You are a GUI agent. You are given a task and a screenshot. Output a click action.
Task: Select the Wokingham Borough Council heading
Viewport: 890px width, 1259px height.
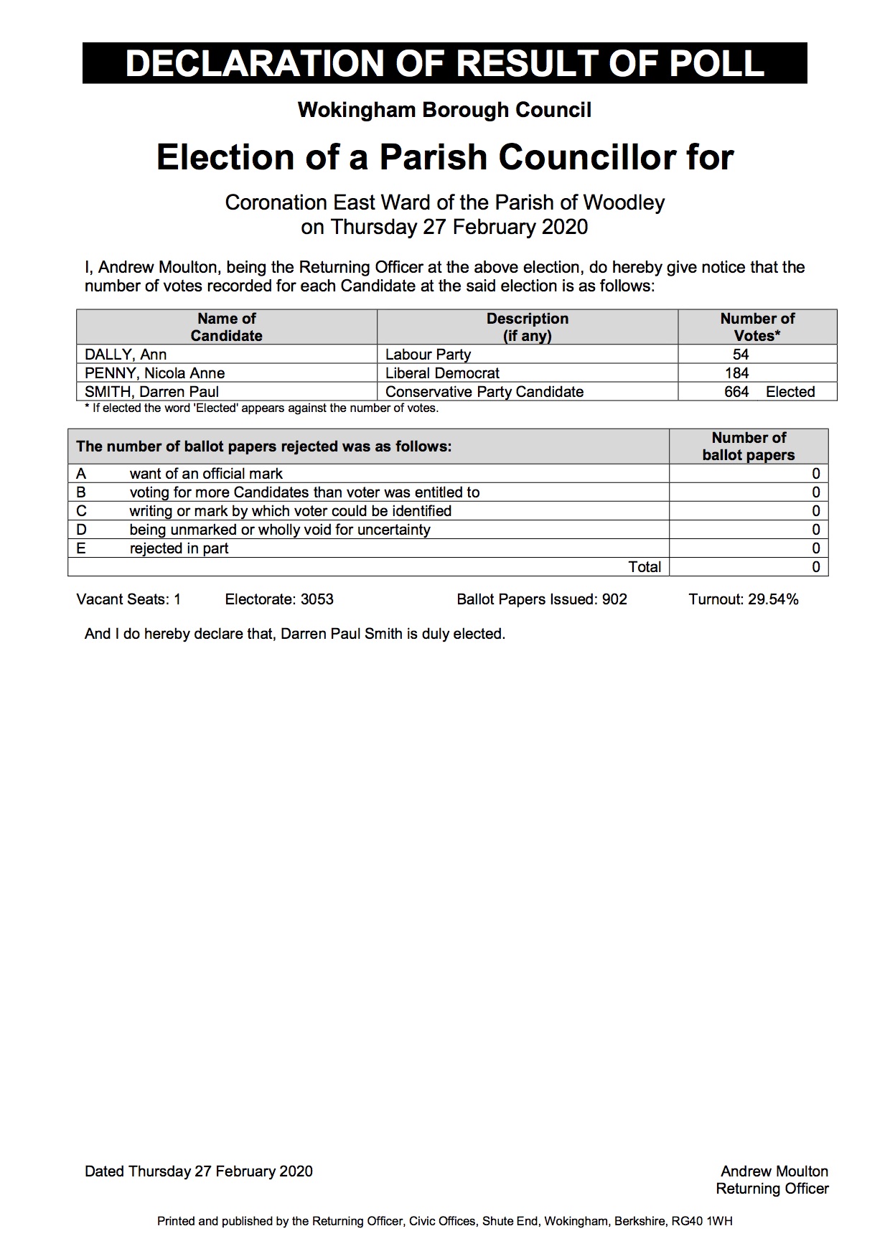(444, 110)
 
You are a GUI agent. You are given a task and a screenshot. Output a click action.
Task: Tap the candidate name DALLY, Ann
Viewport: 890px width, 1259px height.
(126, 355)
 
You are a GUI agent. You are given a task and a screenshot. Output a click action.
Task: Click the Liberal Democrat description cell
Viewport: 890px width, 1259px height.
(442, 373)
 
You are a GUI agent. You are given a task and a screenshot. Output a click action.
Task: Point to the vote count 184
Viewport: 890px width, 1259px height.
(737, 373)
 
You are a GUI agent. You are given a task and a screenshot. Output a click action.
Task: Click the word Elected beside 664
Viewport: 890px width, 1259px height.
(790, 392)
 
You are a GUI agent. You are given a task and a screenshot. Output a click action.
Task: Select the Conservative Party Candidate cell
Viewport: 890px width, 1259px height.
(484, 392)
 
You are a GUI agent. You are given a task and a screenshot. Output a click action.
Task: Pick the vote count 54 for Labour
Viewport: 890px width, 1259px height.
(741, 355)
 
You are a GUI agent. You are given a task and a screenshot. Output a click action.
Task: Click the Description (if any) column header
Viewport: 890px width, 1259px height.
(527, 327)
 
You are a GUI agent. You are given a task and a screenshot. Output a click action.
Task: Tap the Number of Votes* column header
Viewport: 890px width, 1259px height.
(757, 327)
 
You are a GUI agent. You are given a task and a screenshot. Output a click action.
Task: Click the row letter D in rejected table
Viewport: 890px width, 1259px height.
(81, 530)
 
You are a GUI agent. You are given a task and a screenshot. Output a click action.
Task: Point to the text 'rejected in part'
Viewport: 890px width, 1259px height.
(179, 548)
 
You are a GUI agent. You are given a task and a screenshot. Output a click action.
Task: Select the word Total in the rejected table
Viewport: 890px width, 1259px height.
(645, 567)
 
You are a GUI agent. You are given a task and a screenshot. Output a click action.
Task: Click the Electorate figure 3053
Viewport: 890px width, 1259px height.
(317, 599)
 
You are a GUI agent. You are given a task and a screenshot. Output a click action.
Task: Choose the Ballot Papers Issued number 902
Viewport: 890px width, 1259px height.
(615, 599)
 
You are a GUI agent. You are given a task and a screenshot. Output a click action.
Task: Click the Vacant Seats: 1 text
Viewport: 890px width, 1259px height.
(128, 599)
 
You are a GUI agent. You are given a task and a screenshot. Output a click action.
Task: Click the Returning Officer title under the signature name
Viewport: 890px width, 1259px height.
(772, 1189)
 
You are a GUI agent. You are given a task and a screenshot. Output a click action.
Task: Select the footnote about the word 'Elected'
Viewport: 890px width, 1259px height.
(261, 408)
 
